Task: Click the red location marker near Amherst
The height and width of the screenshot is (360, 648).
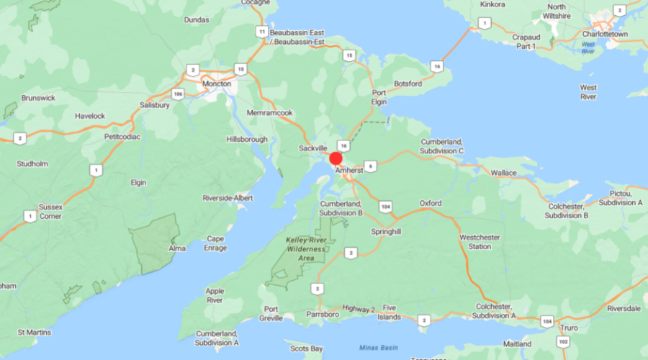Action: click(x=336, y=159)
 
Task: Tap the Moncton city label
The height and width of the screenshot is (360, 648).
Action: click(x=217, y=84)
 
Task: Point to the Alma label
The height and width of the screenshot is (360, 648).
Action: click(x=177, y=248)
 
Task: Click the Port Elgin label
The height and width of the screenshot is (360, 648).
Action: click(x=379, y=97)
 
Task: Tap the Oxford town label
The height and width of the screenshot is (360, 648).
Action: click(x=431, y=204)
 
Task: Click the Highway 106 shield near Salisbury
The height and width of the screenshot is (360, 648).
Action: click(x=177, y=93)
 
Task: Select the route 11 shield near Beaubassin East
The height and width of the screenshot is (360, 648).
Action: click(x=261, y=32)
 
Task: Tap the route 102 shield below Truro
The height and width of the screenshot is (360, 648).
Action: click(x=563, y=341)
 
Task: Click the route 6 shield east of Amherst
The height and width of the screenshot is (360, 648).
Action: click(x=370, y=166)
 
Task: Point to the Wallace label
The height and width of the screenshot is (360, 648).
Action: click(x=503, y=173)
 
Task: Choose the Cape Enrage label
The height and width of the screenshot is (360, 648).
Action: click(x=215, y=243)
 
